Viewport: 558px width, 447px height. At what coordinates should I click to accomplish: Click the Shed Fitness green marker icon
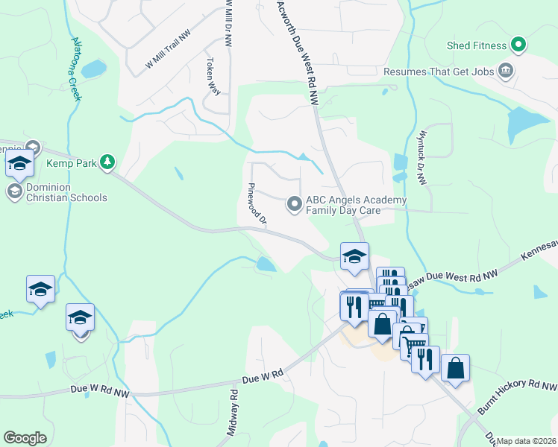pos(518,45)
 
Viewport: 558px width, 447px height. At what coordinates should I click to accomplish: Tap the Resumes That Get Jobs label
pos(439,72)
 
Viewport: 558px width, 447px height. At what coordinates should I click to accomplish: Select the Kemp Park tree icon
pos(108,161)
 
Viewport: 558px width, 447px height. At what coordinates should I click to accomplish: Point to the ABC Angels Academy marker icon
pos(295,203)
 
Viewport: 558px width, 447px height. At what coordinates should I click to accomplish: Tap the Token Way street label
pos(213,77)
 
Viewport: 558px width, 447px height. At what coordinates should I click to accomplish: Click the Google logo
pos(25,438)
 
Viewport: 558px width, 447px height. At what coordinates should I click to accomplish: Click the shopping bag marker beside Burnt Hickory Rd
pos(455,368)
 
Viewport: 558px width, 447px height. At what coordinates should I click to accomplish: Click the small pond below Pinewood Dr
pos(265,264)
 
